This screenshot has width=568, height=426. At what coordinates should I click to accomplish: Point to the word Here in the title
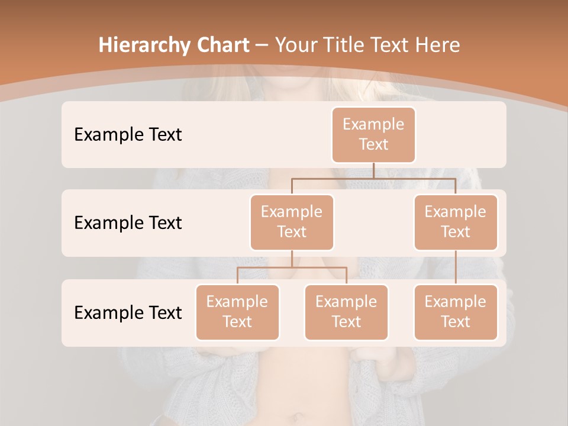click(x=437, y=46)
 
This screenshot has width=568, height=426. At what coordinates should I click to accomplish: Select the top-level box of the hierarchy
click(x=373, y=134)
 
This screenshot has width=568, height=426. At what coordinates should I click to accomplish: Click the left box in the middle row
click(x=292, y=222)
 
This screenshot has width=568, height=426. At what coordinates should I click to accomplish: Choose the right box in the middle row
click(x=456, y=222)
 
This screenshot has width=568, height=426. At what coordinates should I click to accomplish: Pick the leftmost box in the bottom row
click(x=237, y=312)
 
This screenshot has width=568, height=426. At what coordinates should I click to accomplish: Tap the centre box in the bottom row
click(x=346, y=312)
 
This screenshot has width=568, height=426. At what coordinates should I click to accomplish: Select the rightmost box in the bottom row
click(x=456, y=312)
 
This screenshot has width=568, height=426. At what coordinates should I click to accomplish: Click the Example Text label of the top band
click(x=128, y=134)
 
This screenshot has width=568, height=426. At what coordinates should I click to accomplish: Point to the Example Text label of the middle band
click(x=128, y=222)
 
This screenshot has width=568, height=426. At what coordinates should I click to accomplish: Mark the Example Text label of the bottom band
click(x=128, y=312)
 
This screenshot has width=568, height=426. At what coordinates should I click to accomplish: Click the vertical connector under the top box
click(x=373, y=170)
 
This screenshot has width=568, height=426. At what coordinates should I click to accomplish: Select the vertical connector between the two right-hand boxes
click(x=456, y=267)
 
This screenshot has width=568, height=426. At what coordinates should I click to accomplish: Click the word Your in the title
click(x=293, y=46)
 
